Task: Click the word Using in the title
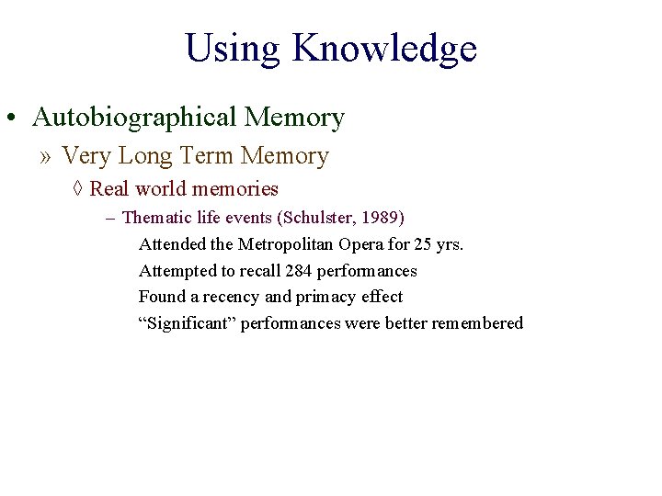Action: point(234,48)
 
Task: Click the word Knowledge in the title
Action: point(384,48)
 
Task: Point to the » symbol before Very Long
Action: point(46,157)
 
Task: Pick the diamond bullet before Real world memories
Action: point(77,189)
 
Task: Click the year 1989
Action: point(379,218)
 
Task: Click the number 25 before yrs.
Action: point(428,244)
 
